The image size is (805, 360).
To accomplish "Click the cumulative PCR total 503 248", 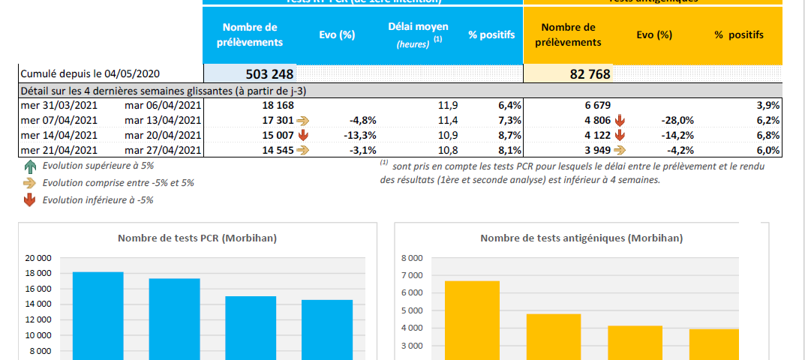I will click(270, 74).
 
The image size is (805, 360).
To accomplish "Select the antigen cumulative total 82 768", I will click(590, 74).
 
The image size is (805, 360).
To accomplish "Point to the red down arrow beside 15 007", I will click(303, 136).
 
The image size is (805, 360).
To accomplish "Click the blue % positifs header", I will click(491, 35).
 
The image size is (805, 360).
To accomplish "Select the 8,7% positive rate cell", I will click(509, 136).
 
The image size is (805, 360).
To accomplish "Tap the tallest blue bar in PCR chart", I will click(98, 315).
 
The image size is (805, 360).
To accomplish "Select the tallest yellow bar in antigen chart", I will click(472, 319).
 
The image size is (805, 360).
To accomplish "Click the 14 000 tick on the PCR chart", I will click(38, 304).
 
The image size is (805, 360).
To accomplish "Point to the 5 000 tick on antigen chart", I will click(413, 310).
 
